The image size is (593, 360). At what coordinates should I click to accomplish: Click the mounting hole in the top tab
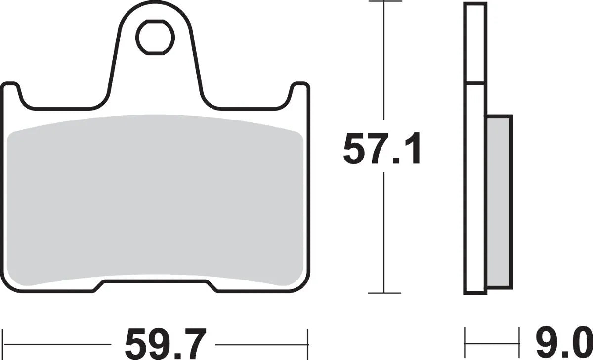pyautogui.click(x=155, y=37)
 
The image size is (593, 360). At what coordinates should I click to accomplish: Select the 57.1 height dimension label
pyautogui.click(x=382, y=150)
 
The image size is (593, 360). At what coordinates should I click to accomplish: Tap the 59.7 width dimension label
pyautogui.click(x=165, y=344)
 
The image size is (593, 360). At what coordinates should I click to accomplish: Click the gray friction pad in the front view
pyautogui.click(x=155, y=202)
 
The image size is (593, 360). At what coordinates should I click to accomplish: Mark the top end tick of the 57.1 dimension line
pyautogui.click(x=384, y=2)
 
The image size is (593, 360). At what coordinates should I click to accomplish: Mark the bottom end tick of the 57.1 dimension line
pyautogui.click(x=384, y=293)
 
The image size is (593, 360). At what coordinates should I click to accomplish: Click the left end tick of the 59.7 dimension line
pyautogui.click(x=4, y=339)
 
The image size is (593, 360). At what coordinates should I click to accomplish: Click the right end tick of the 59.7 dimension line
pyautogui.click(x=307, y=339)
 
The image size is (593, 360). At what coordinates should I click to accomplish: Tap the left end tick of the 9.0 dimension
pyautogui.click(x=465, y=339)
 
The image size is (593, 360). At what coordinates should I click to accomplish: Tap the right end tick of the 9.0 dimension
pyautogui.click(x=519, y=339)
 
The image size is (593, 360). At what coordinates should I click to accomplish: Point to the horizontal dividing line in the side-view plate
pyautogui.click(x=475, y=82)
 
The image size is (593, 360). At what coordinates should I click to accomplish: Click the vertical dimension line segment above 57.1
pyautogui.click(x=384, y=64)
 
